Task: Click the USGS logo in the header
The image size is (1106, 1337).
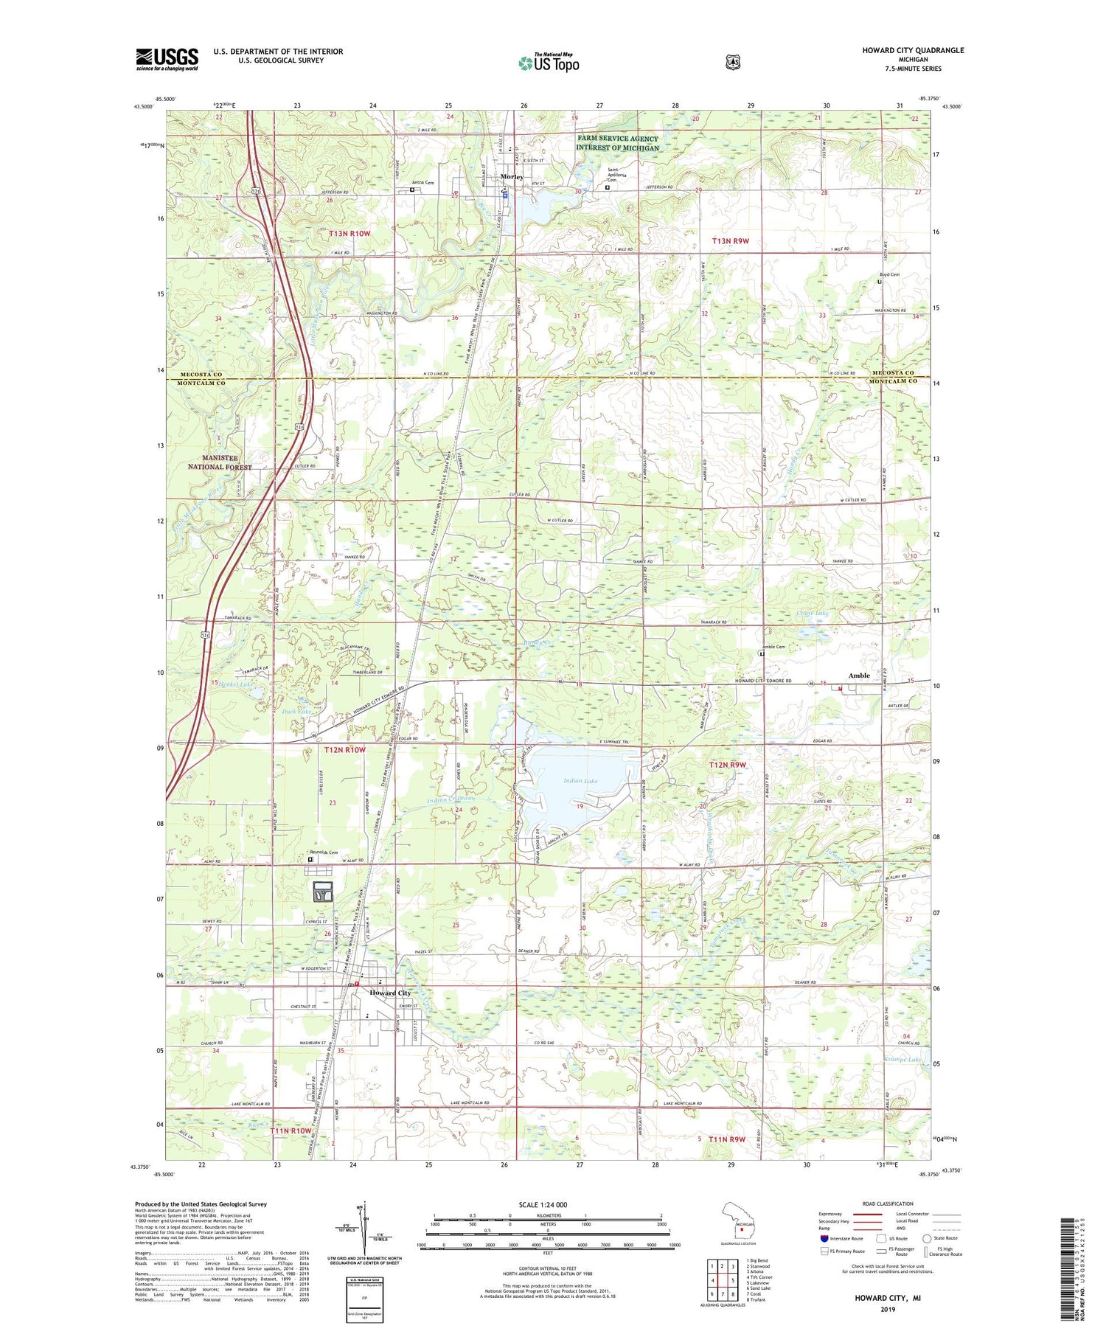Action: pyautogui.click(x=167, y=59)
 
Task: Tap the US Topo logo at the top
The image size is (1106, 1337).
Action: pyautogui.click(x=549, y=63)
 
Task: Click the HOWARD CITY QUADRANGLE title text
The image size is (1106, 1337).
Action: pyautogui.click(x=913, y=50)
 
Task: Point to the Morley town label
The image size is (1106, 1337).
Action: pyautogui.click(x=511, y=177)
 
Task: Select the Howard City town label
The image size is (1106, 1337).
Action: pyautogui.click(x=389, y=993)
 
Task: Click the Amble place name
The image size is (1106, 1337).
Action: pyautogui.click(x=859, y=676)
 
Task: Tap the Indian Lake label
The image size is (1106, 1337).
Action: pyautogui.click(x=580, y=780)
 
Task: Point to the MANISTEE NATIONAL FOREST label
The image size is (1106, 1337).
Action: pyautogui.click(x=219, y=462)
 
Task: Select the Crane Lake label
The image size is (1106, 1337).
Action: pyautogui.click(x=813, y=613)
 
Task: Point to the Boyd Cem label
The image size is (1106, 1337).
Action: pyautogui.click(x=888, y=274)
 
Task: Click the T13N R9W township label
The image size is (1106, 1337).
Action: pyautogui.click(x=730, y=241)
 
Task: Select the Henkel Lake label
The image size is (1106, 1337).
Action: pyautogui.click(x=231, y=685)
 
